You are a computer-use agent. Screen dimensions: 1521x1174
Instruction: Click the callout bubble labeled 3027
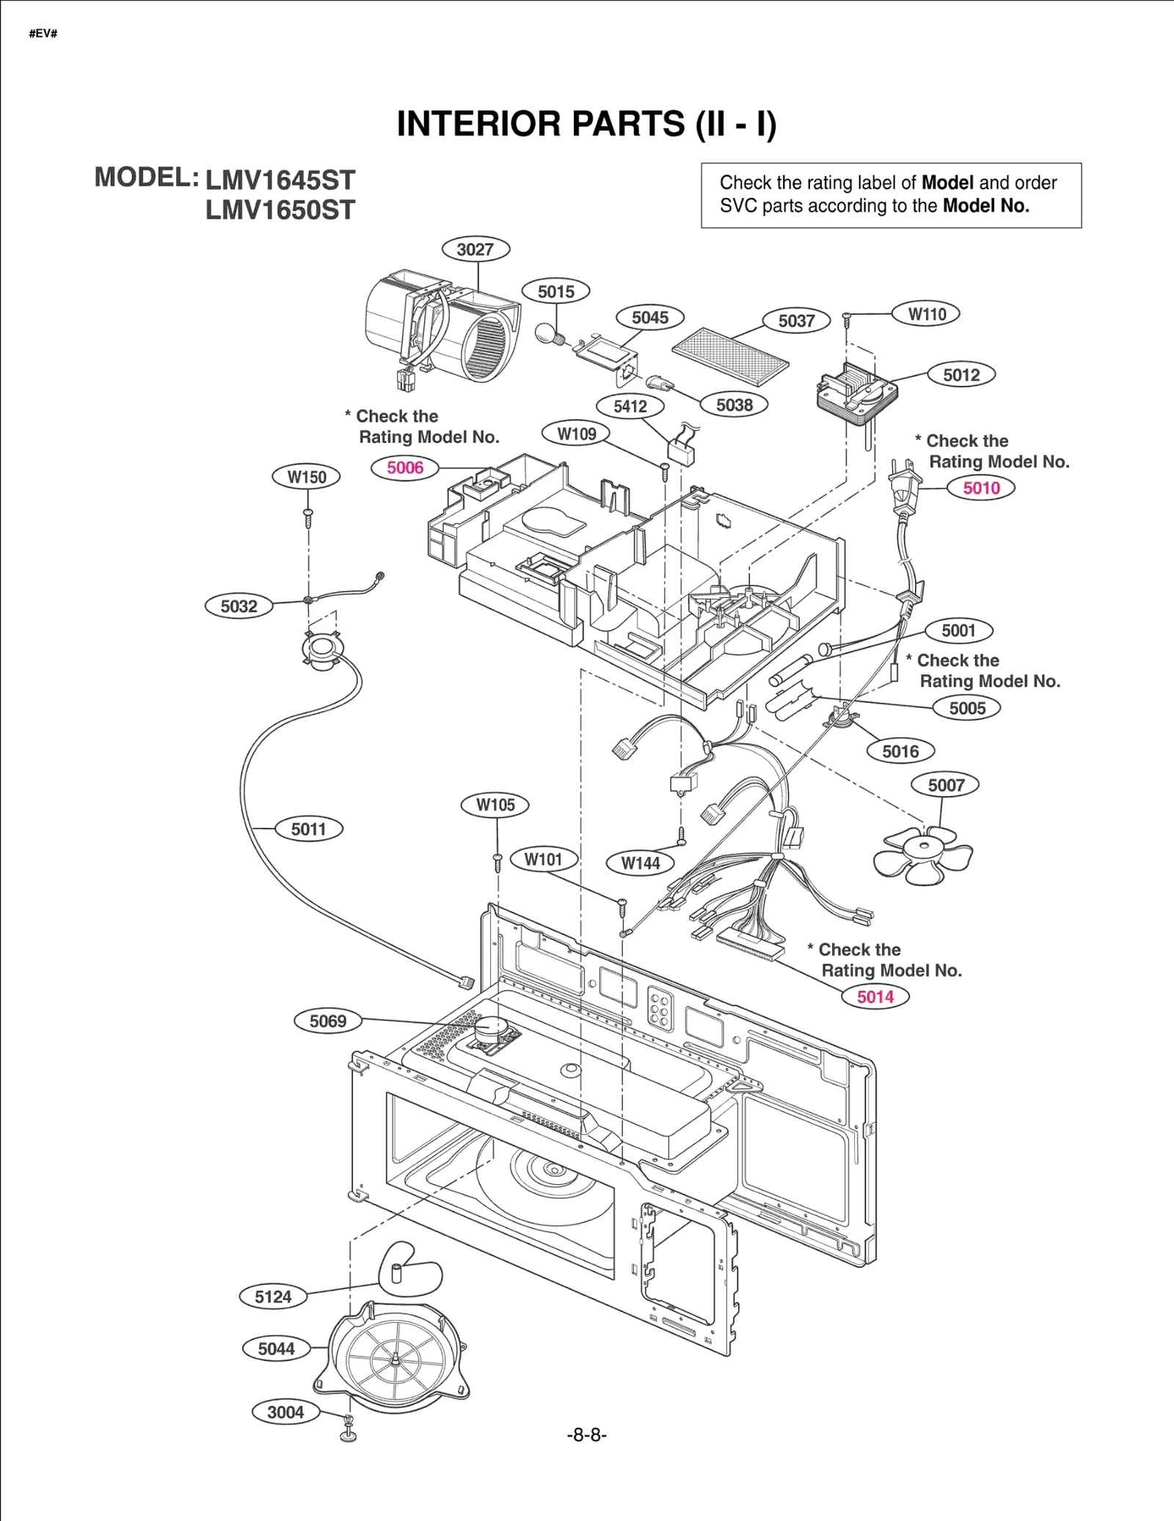(x=475, y=249)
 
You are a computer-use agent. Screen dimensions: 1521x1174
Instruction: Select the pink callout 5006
(x=405, y=467)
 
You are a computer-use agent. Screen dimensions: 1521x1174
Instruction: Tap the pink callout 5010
(x=981, y=488)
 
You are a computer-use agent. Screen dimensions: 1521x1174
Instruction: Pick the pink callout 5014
(x=875, y=996)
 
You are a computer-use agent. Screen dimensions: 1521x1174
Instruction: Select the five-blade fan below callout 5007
(x=922, y=854)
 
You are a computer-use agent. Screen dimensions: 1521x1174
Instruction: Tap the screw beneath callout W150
(x=309, y=517)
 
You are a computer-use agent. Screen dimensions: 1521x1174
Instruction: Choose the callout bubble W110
(x=926, y=314)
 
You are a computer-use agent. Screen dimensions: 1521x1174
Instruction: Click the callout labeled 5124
(x=273, y=1296)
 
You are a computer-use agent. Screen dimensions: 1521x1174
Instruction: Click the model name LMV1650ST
(x=280, y=211)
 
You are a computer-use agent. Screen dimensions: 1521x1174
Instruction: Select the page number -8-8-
(x=586, y=1434)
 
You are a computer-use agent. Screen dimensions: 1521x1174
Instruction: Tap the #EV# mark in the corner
(x=43, y=34)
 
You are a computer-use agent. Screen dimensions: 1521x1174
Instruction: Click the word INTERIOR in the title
(x=478, y=124)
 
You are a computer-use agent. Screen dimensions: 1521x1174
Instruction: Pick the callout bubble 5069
(x=327, y=1021)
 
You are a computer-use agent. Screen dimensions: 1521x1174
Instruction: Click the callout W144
(x=640, y=863)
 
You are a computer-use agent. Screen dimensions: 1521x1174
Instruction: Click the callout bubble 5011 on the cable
(x=308, y=829)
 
